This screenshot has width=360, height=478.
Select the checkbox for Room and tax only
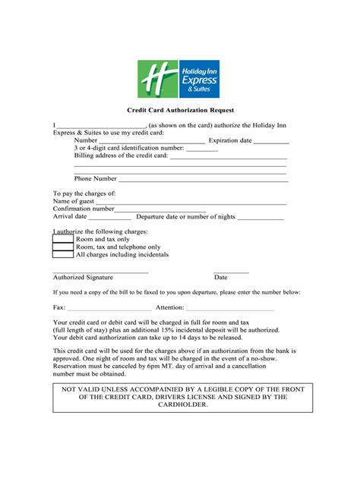click(63, 239)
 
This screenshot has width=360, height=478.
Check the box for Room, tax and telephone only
click(63, 247)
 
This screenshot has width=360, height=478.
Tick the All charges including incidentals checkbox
click(63, 255)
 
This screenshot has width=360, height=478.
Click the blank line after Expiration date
click(271, 141)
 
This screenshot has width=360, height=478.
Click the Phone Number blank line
click(202, 180)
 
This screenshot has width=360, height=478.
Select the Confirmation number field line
click(160, 210)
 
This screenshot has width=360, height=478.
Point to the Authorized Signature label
click(83, 278)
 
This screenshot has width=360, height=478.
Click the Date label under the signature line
click(221, 278)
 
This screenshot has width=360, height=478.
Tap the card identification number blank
click(201, 149)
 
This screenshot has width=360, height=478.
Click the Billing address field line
click(228, 156)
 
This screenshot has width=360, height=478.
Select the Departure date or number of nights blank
click(261, 218)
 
